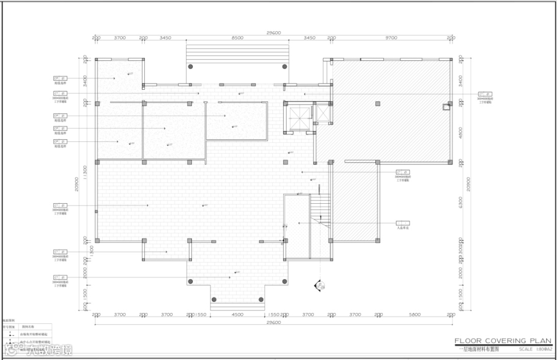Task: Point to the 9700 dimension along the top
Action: (x=391, y=38)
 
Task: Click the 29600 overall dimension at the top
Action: (x=273, y=32)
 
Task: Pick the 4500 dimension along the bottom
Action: (x=237, y=314)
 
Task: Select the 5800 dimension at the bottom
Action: (x=415, y=314)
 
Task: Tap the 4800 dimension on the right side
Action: (x=461, y=133)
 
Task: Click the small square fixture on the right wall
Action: (x=446, y=107)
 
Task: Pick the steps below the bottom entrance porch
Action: (x=237, y=306)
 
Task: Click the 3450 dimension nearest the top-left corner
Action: (x=166, y=38)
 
